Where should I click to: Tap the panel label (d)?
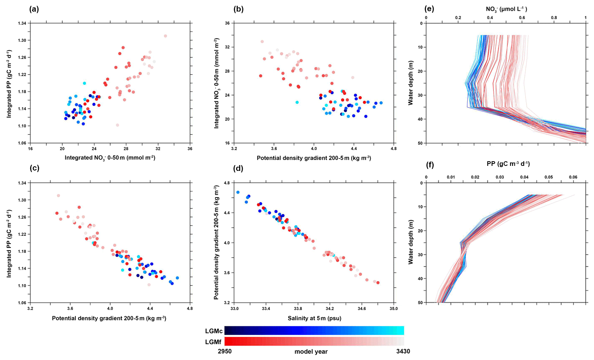pos(238,169)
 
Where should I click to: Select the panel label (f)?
pos(430,165)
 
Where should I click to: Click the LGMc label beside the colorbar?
pos(214,331)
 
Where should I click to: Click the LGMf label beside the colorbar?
pos(214,342)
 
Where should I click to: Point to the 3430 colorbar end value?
pos(402,351)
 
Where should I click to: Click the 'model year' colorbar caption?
pos(311,352)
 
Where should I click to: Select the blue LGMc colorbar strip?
pos(314,330)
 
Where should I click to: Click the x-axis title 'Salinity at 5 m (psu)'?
pos(314,318)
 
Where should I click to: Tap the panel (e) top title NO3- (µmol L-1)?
pos(506,9)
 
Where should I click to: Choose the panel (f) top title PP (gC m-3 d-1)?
pos(508,164)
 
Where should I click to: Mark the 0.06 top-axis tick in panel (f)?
pos(573,177)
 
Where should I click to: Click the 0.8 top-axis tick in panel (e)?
pos(554,18)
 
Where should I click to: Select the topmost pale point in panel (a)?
pos(165,36)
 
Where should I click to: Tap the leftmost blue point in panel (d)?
pos(238,192)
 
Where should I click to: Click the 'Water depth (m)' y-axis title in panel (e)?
pos(411,83)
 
